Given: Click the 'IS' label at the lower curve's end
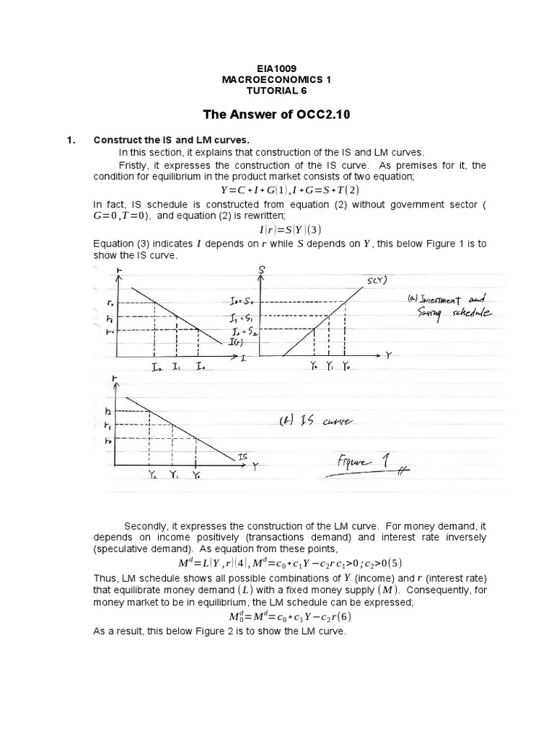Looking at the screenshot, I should coord(243,456).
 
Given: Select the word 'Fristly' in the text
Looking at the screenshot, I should coord(134,165).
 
